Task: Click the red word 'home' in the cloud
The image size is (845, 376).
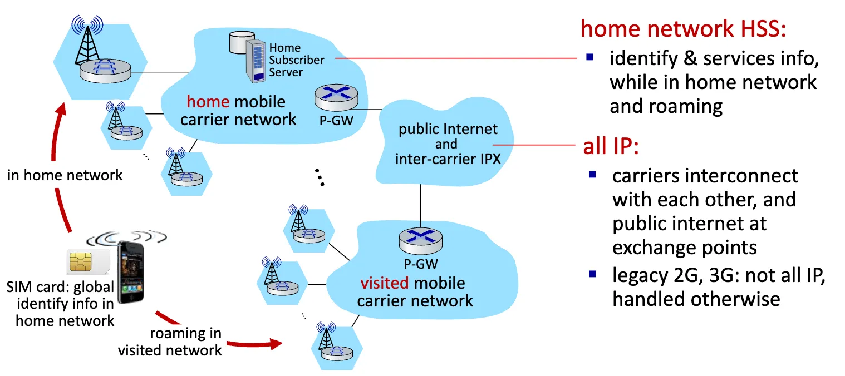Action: tap(208, 102)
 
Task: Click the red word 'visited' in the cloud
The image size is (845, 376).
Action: tap(384, 283)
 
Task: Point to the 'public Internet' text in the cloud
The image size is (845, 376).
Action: tap(448, 130)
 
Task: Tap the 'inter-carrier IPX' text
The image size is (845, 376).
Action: tap(448, 159)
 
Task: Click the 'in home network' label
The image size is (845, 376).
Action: tap(65, 175)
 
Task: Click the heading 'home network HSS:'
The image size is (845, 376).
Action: tap(684, 28)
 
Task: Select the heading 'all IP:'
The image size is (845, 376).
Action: tap(610, 147)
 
